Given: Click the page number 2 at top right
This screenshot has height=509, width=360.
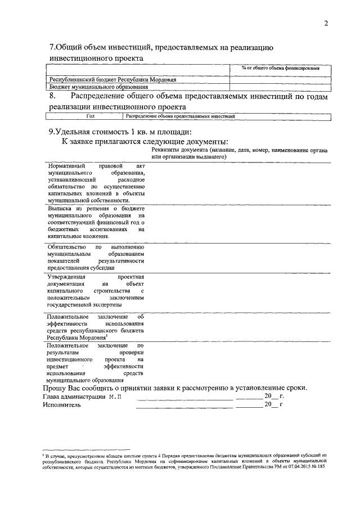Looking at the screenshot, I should [x=326, y=23].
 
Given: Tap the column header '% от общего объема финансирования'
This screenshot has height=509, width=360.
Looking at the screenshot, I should [x=280, y=68].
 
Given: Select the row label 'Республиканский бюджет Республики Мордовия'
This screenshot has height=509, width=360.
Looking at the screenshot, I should [x=112, y=80].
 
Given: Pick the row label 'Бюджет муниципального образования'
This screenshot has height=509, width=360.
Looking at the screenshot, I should [x=98, y=87].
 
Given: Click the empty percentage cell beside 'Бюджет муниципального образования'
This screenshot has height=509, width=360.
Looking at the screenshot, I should [x=280, y=87].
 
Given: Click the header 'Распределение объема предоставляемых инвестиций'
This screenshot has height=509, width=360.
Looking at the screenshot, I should [x=180, y=116].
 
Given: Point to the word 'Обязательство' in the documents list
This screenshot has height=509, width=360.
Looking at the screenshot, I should [x=66, y=247].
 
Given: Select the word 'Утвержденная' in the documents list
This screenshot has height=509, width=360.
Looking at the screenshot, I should [x=66, y=277].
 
